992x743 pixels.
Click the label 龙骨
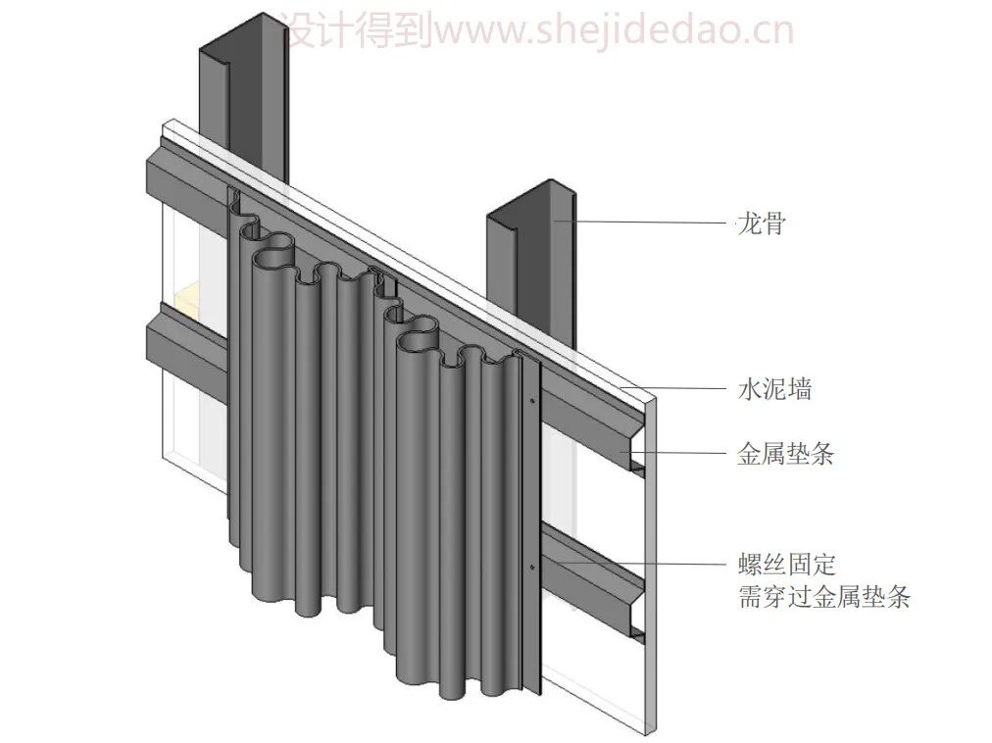click(x=761, y=223)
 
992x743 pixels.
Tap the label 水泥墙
click(x=773, y=389)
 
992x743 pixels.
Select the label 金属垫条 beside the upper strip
click(x=785, y=454)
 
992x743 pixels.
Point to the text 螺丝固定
click(x=785, y=565)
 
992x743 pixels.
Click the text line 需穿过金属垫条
click(x=823, y=597)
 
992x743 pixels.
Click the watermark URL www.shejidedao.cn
click(x=619, y=31)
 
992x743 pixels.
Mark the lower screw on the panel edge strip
click(x=533, y=567)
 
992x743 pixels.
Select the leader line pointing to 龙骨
click(x=647, y=223)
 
